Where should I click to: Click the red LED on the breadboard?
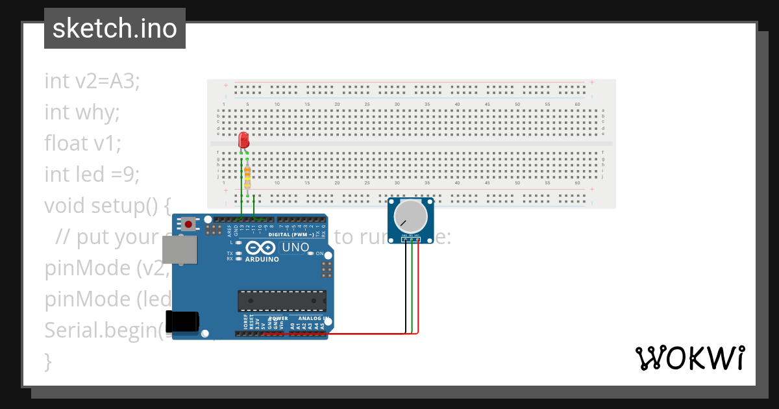coord(243,140)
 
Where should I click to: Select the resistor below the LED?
coord(247,173)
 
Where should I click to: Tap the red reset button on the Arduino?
coord(188,225)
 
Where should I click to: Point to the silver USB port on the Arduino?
coord(179,249)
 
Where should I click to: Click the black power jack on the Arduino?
coord(182,322)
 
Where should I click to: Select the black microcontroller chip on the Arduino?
coord(282,301)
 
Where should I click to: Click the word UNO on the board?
coord(295,247)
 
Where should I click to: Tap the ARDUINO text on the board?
coord(262,260)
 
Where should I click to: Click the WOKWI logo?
coord(689,358)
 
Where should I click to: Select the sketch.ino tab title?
coord(115,29)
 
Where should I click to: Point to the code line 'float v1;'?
coord(82,143)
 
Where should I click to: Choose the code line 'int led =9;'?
coord(92,174)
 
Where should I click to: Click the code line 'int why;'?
coord(82,112)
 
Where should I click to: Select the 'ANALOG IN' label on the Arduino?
coord(311,319)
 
